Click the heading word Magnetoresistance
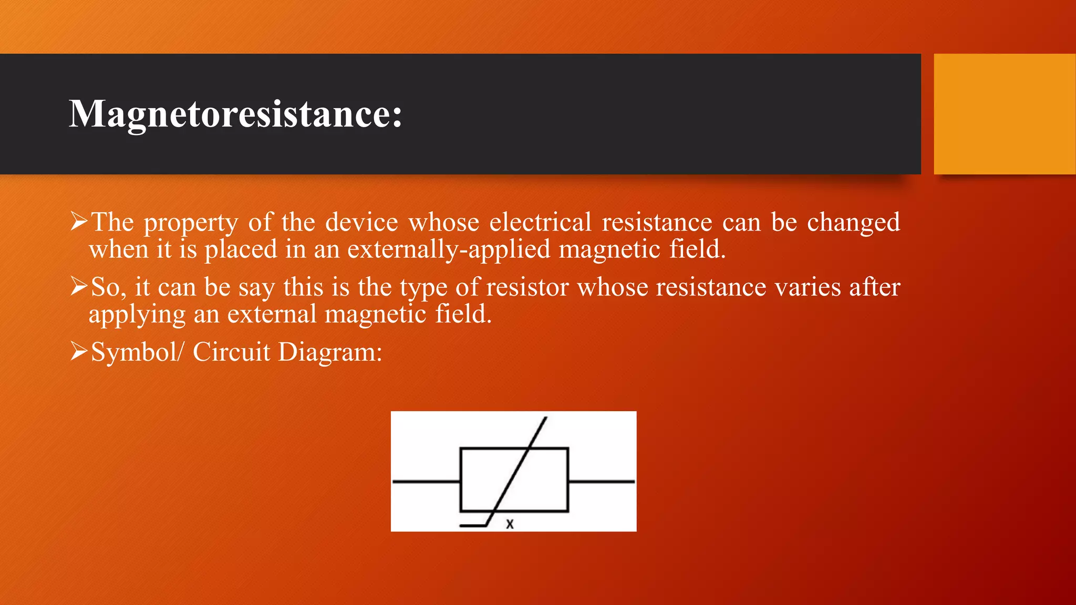click(235, 114)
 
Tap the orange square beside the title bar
click(1005, 114)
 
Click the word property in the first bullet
click(191, 223)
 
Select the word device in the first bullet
click(361, 222)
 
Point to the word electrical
click(541, 222)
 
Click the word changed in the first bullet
click(853, 223)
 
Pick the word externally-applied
click(449, 249)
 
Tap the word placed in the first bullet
click(241, 249)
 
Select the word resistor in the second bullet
click(527, 287)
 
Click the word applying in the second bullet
click(137, 315)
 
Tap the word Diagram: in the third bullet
click(330, 352)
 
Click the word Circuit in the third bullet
click(231, 352)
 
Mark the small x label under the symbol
click(510, 524)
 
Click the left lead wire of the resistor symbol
click(426, 481)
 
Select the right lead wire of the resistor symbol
click(602, 481)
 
